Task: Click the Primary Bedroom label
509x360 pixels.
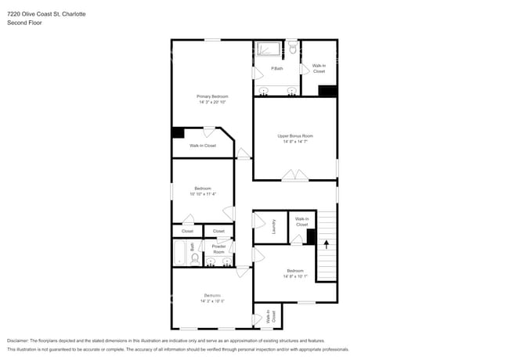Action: click(211, 96)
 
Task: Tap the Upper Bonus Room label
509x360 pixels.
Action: click(294, 136)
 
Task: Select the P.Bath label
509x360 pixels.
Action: click(277, 68)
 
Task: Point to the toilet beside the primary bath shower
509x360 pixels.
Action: click(292, 49)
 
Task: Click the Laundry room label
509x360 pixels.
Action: click(274, 226)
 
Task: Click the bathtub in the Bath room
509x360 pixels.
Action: click(179, 254)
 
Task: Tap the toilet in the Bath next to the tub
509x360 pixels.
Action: click(195, 258)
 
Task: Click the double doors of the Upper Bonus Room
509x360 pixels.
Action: click(295, 175)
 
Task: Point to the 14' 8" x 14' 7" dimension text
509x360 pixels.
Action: click(294, 142)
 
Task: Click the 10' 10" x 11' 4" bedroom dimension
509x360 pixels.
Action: click(203, 193)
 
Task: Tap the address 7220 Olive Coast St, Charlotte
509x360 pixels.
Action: click(46, 14)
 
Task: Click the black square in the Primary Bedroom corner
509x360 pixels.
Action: click(178, 133)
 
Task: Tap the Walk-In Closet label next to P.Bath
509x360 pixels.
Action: click(319, 68)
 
